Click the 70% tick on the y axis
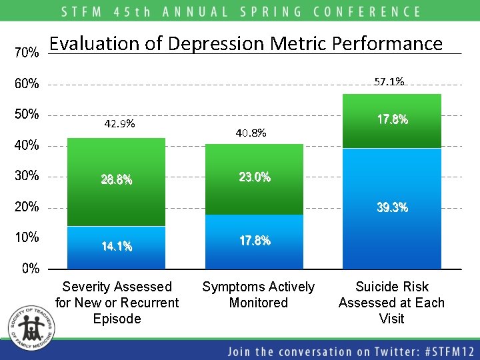click(27, 53)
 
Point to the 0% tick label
click(30, 268)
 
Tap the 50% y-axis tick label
click(27, 114)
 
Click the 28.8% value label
click(117, 180)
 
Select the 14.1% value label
click(117, 247)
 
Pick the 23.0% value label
click(255, 177)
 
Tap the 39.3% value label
click(392, 208)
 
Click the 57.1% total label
click(389, 82)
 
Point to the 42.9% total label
click(120, 124)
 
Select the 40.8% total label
click(251, 133)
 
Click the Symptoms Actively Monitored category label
click(258, 295)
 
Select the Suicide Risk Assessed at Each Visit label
click(391, 303)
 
